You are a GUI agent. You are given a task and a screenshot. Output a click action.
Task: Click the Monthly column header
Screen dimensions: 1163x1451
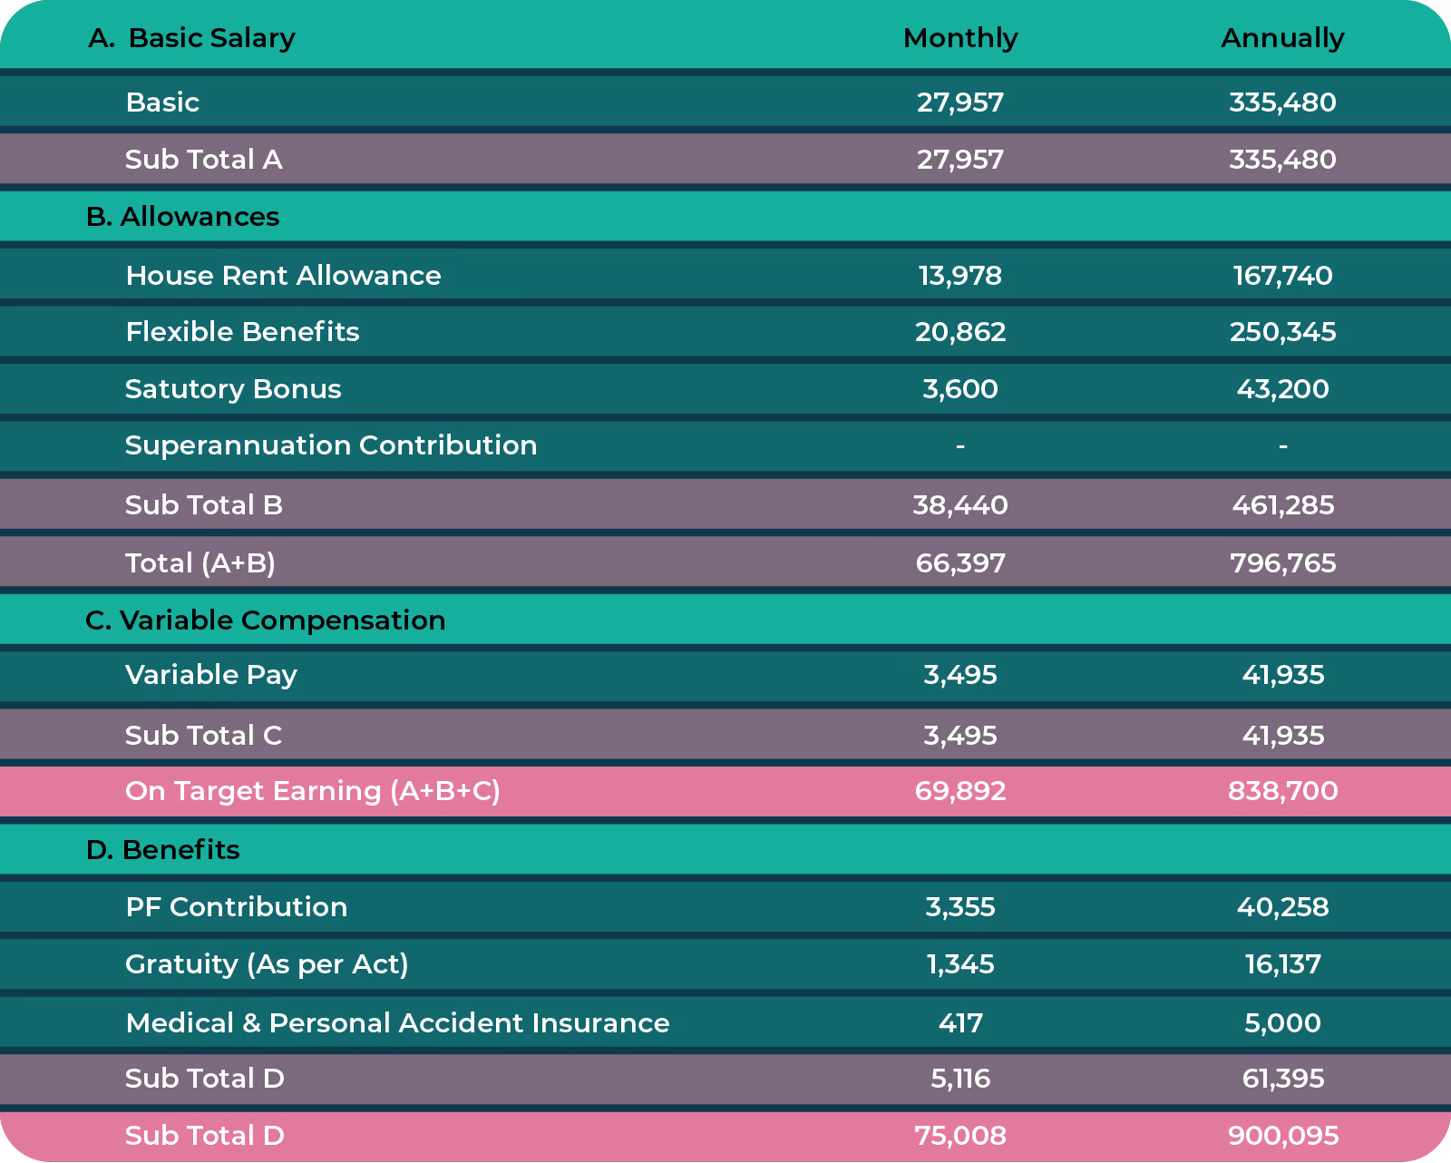(960, 38)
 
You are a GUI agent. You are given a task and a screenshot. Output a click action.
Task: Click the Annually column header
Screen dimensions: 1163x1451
(1282, 38)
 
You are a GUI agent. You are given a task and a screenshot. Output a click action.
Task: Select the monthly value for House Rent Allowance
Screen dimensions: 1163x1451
(960, 276)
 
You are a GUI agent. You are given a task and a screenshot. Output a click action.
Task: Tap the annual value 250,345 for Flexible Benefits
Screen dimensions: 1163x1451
(1282, 332)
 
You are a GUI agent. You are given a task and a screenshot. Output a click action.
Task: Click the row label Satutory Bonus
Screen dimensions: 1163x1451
(233, 389)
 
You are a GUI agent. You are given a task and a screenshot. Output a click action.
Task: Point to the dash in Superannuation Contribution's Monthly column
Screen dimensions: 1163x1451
(960, 446)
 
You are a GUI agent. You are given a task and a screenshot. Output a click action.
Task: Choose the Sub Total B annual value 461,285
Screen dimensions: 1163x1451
(1282, 505)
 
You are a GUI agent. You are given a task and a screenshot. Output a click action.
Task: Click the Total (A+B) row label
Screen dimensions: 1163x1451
(200, 563)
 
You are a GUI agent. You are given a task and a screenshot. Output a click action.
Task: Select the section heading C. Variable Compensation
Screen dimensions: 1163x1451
(265, 621)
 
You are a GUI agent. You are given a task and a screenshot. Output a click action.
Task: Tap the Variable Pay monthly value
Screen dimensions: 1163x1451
(960, 675)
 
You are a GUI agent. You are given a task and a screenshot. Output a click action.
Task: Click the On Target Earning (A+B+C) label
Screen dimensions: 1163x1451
(312, 791)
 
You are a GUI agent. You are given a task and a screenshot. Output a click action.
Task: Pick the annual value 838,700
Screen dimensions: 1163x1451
(1282, 791)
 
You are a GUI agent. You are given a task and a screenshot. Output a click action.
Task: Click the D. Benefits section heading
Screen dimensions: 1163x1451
(163, 850)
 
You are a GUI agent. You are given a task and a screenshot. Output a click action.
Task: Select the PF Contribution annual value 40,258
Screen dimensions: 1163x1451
(1282, 907)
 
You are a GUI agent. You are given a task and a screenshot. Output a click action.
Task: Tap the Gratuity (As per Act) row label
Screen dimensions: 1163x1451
(267, 964)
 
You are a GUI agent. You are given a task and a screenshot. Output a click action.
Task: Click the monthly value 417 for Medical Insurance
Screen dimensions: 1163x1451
(960, 1023)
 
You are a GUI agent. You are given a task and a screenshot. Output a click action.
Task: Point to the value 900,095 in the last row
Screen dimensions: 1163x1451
(1282, 1136)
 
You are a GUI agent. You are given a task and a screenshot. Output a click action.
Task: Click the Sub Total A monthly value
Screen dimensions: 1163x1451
(960, 160)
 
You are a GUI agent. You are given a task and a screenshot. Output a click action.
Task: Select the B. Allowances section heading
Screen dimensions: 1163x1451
(182, 217)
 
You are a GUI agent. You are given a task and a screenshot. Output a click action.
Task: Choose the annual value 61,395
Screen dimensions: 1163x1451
(1282, 1079)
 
